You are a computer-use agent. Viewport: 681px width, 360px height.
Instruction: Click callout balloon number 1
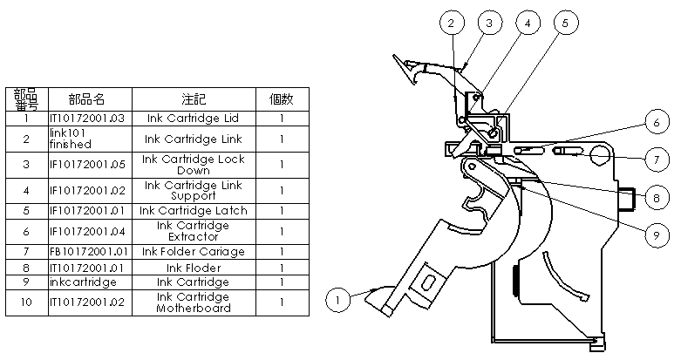338,300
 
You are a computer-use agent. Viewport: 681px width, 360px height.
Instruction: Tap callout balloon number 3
488,23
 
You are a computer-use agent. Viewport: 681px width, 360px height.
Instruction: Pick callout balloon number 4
526,23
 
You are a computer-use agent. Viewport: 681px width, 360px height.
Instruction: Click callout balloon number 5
565,23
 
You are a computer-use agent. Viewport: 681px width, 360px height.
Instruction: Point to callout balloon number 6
658,124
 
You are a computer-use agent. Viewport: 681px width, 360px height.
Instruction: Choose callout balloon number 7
658,160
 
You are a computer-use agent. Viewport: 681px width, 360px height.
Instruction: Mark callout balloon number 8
658,197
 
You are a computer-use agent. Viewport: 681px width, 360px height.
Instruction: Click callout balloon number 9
658,234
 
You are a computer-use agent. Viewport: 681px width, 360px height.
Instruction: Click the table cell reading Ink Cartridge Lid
194,118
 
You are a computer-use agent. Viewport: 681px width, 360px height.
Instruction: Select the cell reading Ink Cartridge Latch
194,210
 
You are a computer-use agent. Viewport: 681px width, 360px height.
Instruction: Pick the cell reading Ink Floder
194,268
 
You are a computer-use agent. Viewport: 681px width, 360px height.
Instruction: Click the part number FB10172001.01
88,251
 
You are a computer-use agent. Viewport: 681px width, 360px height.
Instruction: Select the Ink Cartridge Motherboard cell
194,302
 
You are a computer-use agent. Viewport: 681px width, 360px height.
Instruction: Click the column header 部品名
88,98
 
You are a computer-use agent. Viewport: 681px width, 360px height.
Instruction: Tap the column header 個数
282,98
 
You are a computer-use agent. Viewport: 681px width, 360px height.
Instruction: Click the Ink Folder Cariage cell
194,251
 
